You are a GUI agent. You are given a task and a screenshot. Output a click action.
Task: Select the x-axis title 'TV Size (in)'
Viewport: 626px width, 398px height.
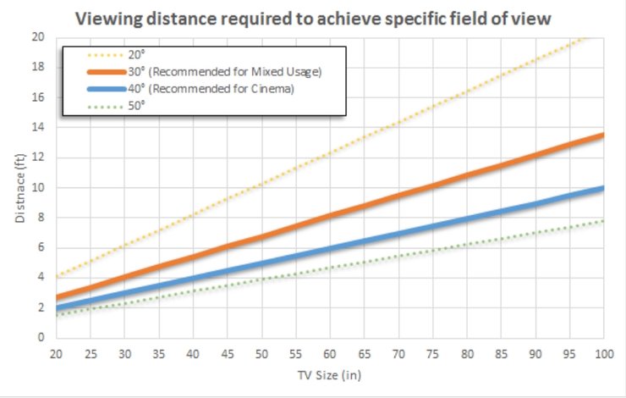pos(329,373)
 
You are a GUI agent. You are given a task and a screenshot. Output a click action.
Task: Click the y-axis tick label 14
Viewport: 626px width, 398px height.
pos(38,127)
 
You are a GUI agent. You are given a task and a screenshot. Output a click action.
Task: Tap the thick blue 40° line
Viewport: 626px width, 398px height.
pos(398,246)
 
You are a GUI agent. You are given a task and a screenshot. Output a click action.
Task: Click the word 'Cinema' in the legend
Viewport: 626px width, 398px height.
pos(273,90)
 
